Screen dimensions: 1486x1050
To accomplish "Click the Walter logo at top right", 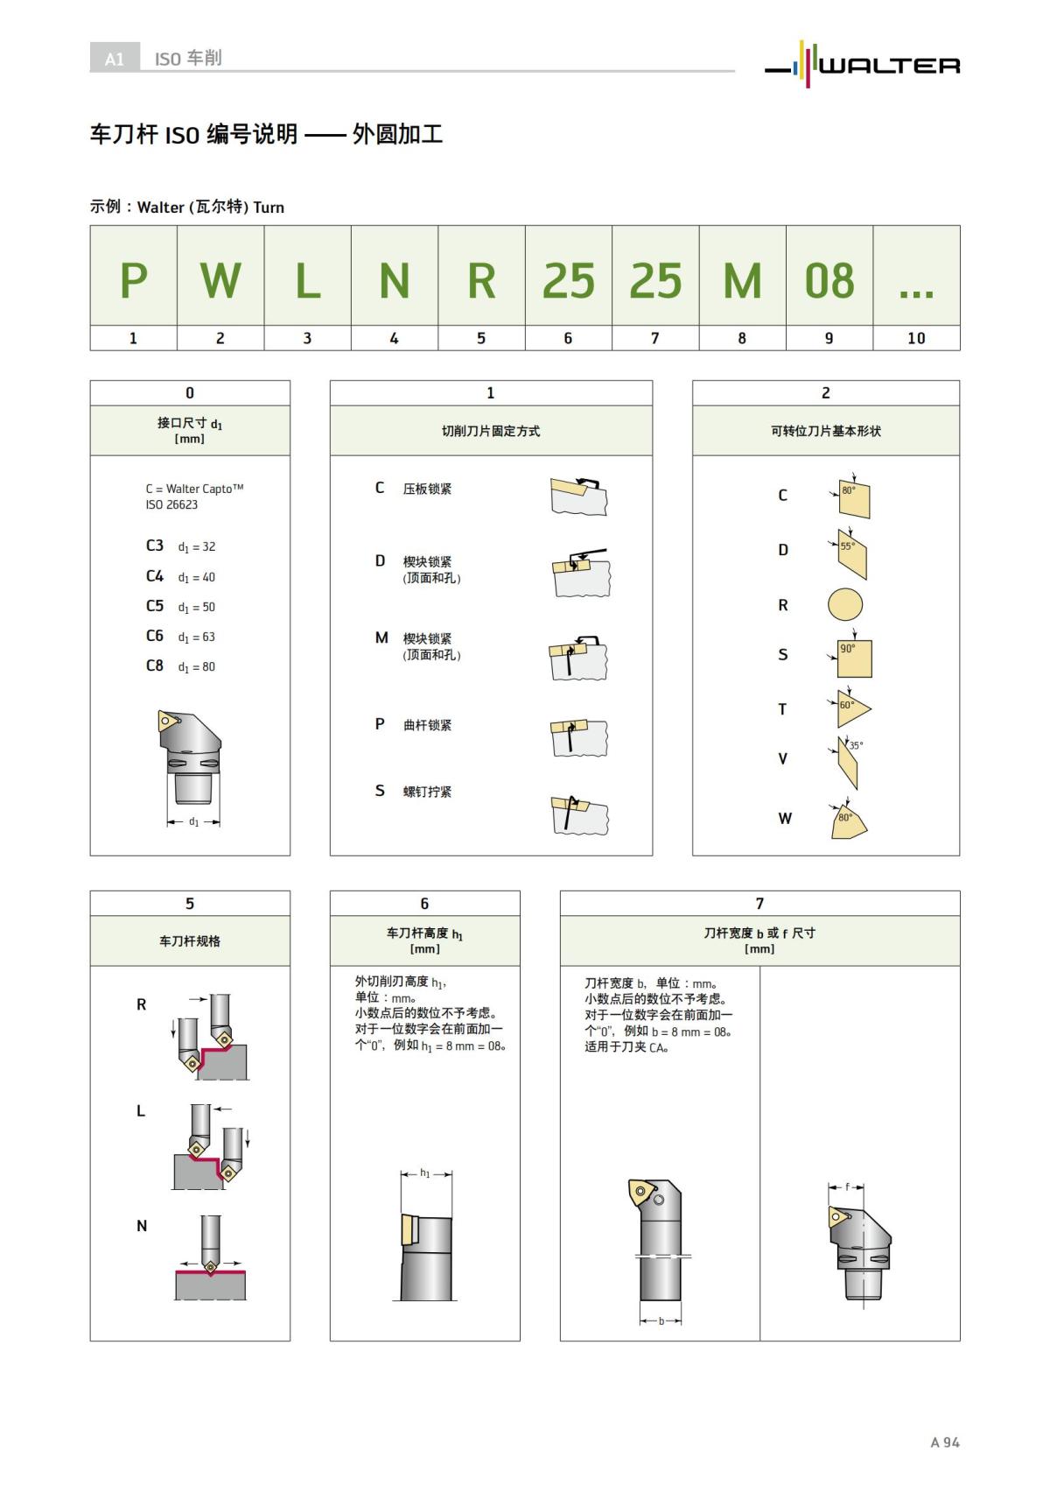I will [863, 64].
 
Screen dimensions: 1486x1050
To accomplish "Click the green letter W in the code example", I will [220, 280].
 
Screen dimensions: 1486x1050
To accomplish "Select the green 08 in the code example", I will [829, 280].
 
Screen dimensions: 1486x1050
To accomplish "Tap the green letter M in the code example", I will [742, 280].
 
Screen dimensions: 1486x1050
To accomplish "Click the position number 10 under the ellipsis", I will [915, 338].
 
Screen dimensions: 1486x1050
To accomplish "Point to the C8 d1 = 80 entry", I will [180, 666].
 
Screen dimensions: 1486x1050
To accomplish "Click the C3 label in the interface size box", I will [155, 546].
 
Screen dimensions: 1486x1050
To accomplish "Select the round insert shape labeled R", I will [844, 604].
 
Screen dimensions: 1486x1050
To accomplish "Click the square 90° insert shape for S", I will [853, 658].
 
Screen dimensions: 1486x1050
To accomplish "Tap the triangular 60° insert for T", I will [850, 709].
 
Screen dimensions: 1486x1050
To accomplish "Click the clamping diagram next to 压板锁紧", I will [578, 496].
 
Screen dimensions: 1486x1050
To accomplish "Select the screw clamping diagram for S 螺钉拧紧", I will [578, 815].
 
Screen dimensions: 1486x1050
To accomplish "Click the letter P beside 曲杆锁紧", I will [380, 724].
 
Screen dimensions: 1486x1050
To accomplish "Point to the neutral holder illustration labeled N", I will [210, 1258].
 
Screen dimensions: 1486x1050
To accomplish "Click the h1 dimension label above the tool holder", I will [425, 1173].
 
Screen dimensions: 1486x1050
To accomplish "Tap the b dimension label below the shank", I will [661, 1320].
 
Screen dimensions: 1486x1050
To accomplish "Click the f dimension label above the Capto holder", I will [846, 1187].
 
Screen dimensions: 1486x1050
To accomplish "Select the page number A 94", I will [944, 1442].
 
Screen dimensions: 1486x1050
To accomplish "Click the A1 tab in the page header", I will [115, 59].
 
